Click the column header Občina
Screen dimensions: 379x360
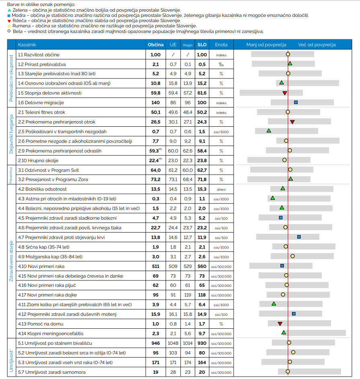[x=155, y=45]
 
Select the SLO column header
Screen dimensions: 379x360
[x=202, y=45]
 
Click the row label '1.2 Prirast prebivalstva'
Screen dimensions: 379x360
[x=42, y=64]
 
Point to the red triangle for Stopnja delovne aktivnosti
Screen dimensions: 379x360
[x=285, y=93]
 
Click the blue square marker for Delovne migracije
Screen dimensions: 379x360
[x=296, y=103]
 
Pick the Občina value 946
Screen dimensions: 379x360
[x=155, y=343]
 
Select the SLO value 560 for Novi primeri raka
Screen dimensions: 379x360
[x=202, y=266]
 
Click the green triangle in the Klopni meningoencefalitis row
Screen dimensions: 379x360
[x=284, y=332]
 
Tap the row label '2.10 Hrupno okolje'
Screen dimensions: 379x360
[x=38, y=161]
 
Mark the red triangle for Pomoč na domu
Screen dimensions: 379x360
[x=280, y=324]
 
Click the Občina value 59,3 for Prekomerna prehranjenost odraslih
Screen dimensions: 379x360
[x=154, y=151]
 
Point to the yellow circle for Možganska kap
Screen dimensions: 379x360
[x=293, y=256]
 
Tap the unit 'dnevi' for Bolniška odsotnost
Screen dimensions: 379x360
[x=221, y=189]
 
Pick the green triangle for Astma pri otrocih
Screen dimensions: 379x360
[x=273, y=198]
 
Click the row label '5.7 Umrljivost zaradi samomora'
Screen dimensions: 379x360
[x=51, y=372]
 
